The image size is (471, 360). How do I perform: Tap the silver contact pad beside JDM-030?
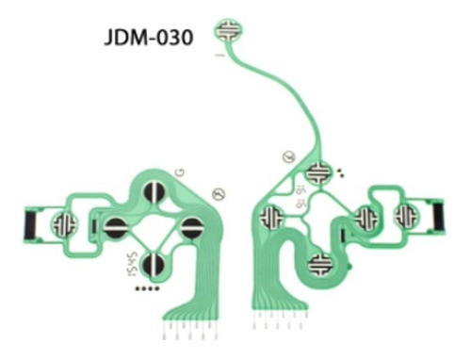click(227, 29)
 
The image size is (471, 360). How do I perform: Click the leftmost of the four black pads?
click(116, 227)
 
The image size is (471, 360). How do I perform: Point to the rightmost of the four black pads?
click(190, 227)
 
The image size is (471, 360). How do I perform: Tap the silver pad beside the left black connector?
click(65, 224)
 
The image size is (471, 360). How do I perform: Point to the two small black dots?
click(340, 172)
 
